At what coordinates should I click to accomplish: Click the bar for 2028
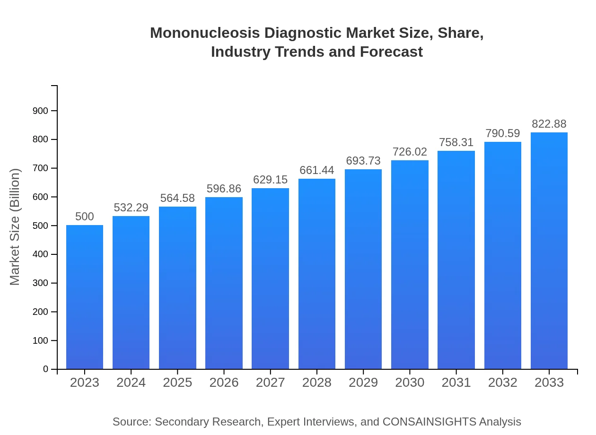317,274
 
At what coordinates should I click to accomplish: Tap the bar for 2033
549,251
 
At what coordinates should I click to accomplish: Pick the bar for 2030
410,264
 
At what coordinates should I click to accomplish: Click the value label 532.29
131,208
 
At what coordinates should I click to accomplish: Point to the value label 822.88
549,124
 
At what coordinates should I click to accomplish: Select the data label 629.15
271,180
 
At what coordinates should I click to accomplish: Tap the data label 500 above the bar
85,217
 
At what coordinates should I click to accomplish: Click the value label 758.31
456,142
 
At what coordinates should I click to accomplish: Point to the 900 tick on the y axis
40,111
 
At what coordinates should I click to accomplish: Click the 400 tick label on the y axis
40,254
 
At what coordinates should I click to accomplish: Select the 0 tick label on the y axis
46,369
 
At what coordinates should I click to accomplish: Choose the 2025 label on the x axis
177,383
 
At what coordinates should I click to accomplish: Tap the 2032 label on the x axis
503,383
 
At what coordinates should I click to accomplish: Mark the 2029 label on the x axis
363,383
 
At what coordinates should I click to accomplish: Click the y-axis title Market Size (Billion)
15,227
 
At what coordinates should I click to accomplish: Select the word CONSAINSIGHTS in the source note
429,422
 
